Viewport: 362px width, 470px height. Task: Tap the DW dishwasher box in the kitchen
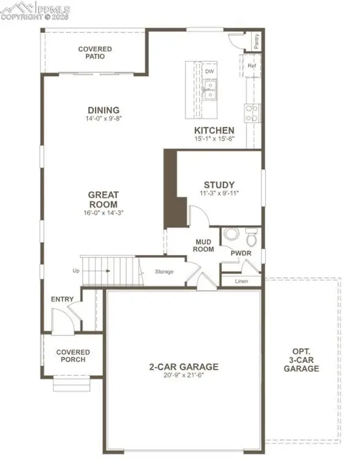click(x=209, y=71)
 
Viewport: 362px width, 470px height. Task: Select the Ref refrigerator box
click(x=251, y=65)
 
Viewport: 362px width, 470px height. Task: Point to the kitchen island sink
click(x=210, y=94)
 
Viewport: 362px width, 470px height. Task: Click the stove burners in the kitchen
click(x=251, y=112)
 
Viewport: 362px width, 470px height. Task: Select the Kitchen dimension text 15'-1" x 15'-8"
click(x=214, y=139)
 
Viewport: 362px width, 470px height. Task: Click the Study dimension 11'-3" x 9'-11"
click(x=219, y=193)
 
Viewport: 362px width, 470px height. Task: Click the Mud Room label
click(x=203, y=246)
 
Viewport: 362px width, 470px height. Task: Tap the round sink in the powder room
click(x=230, y=234)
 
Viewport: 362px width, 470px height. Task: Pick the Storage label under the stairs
click(x=164, y=271)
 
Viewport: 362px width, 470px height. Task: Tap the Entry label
click(x=62, y=299)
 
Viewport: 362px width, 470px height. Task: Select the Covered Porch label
click(x=73, y=356)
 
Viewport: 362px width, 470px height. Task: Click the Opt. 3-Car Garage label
click(x=304, y=361)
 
